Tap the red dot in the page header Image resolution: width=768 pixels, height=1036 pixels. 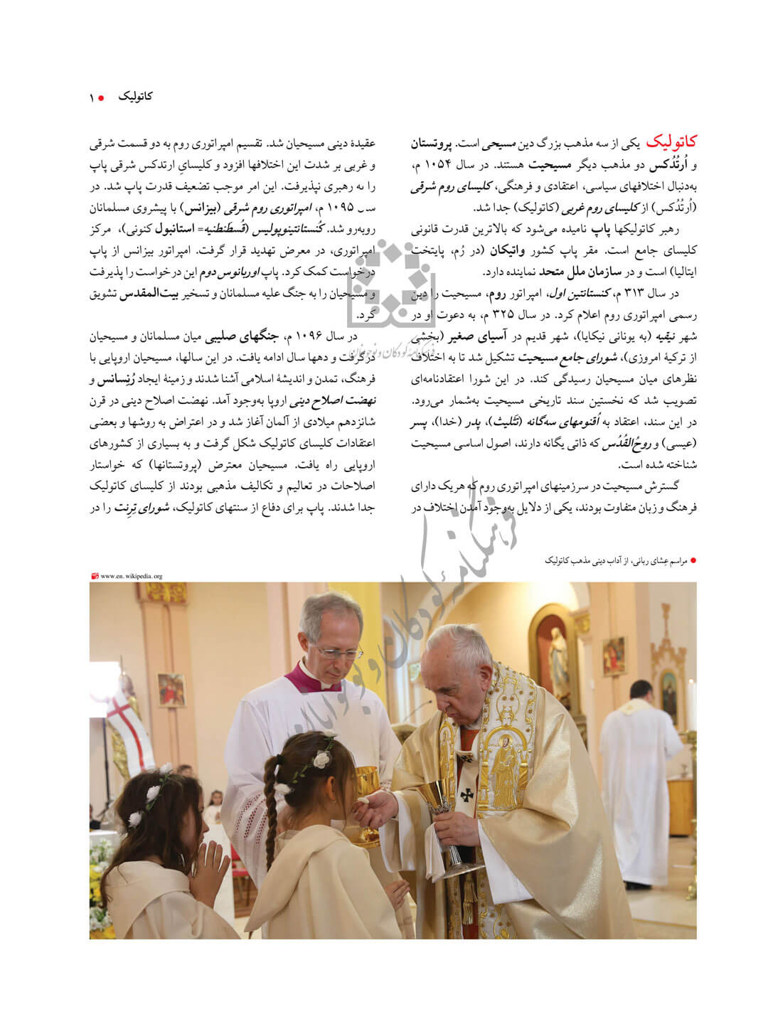point(101,97)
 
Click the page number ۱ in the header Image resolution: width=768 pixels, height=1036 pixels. point(92,97)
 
